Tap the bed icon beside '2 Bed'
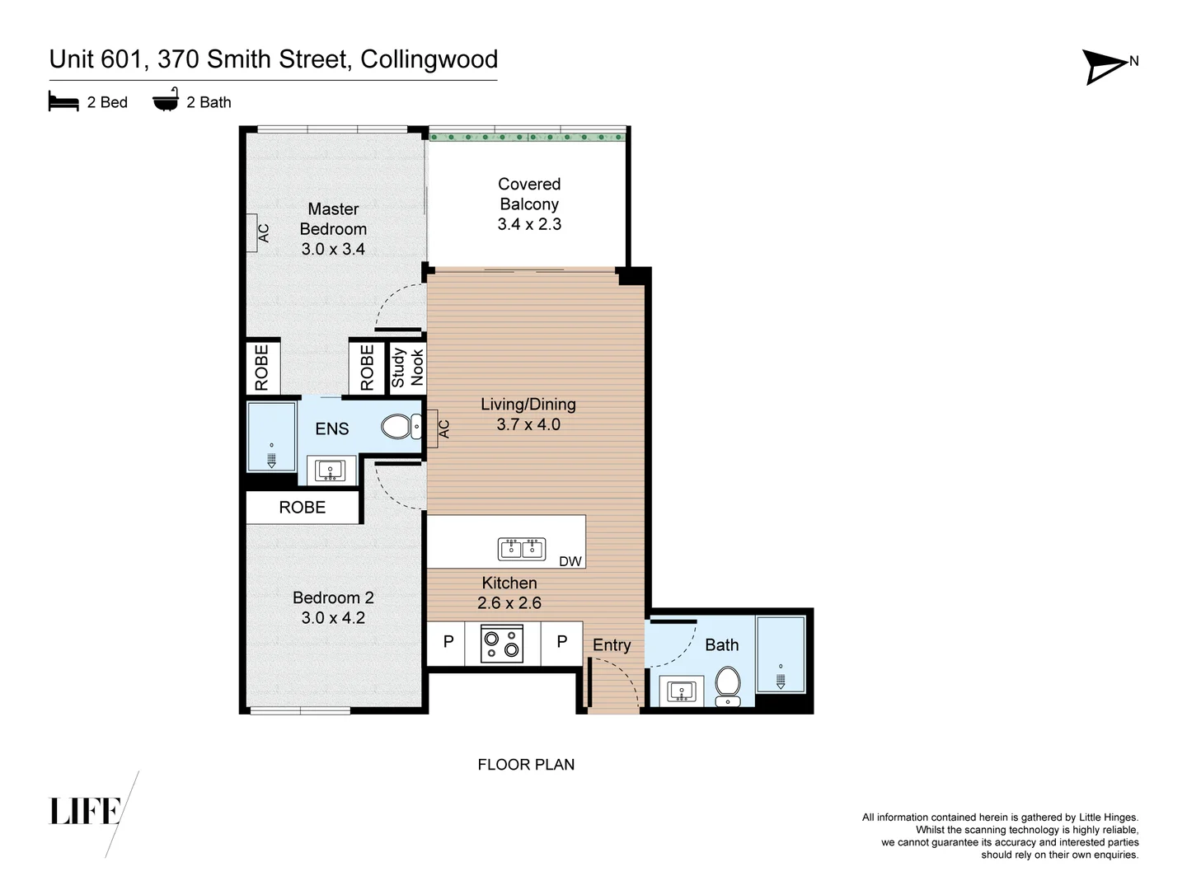tap(63, 102)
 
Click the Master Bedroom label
tap(333, 228)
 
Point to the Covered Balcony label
tap(529, 204)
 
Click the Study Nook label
tap(407, 367)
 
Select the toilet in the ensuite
tap(401, 427)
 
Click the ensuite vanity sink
tap(331, 471)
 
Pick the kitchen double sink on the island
tap(522, 548)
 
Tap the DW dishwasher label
tap(570, 561)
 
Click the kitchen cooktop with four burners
tap(503, 644)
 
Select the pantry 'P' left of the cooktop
tap(448, 642)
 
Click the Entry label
tap(612, 645)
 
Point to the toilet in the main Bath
tap(727, 686)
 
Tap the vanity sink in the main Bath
tap(682, 691)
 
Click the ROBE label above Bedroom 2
tap(303, 508)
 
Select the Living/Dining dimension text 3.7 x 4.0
tap(528, 424)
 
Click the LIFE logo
tap(86, 811)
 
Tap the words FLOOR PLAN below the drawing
tap(526, 765)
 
